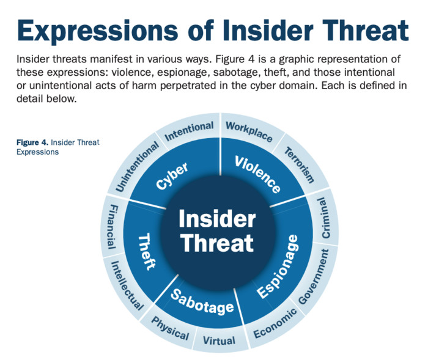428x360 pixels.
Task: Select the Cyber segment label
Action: (x=172, y=176)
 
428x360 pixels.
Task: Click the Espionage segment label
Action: (x=278, y=266)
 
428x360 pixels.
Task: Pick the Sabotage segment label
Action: (x=202, y=301)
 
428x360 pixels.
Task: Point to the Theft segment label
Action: (x=146, y=251)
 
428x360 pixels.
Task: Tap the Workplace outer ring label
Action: (x=248, y=131)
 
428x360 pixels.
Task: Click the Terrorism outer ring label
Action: (x=300, y=166)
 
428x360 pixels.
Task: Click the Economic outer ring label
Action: (x=275, y=322)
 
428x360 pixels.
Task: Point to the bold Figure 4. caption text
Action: (x=32, y=142)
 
